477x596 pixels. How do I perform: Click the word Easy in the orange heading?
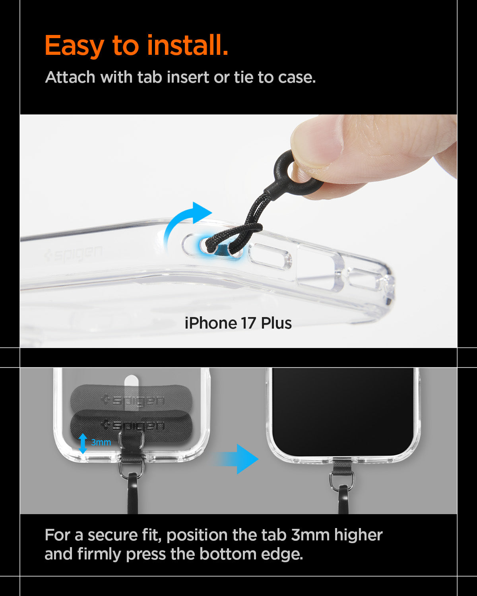click(x=74, y=46)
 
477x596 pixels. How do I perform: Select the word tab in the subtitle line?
click(x=150, y=77)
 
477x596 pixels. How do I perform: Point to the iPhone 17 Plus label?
click(x=238, y=323)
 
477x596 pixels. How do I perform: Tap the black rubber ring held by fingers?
click(x=294, y=174)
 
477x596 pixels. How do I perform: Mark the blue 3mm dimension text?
click(x=101, y=442)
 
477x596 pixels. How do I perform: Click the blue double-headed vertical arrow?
click(x=83, y=443)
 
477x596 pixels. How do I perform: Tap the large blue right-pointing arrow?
click(x=238, y=459)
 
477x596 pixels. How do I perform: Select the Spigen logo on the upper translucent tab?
click(x=133, y=401)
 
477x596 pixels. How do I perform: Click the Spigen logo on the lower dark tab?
click(x=133, y=426)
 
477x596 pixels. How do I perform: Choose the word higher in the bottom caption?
click(x=358, y=535)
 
